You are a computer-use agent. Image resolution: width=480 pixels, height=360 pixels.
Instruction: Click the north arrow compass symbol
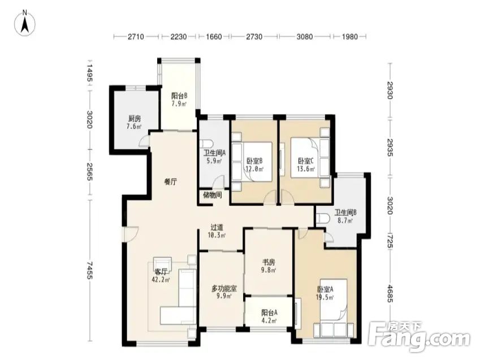25,23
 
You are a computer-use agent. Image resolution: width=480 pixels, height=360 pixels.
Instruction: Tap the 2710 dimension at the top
136,37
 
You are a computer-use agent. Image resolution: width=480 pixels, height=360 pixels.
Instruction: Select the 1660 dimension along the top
214,37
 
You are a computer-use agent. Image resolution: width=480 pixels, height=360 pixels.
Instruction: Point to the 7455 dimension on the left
89,270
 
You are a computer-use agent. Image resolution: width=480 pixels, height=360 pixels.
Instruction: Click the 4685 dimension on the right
390,293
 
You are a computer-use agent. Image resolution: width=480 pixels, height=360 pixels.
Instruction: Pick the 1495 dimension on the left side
89,73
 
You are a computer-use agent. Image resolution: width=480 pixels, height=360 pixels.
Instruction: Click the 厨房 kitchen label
135,119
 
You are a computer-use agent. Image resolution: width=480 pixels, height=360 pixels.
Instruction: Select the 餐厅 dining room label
171,182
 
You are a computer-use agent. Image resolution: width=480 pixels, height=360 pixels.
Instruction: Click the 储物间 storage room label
212,195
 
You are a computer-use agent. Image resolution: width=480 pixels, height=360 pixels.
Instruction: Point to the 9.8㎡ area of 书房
269,270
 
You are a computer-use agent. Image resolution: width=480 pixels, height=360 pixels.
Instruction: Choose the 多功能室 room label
224,288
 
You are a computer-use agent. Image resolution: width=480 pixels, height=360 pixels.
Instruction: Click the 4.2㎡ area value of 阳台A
269,320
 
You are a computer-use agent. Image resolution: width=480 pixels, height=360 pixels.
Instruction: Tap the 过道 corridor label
217,227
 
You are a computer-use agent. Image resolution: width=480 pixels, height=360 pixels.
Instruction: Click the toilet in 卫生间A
206,144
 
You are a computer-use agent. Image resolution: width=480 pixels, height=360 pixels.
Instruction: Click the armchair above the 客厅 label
162,263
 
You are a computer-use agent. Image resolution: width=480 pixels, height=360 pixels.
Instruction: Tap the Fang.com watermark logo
420,337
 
